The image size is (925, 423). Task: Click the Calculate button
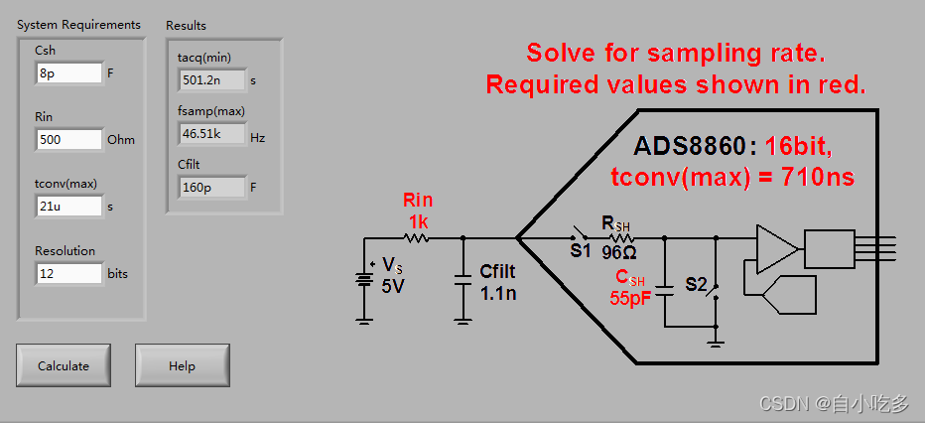coord(64,365)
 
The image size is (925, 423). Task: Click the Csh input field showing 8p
coord(68,72)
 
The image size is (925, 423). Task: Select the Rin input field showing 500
coord(68,140)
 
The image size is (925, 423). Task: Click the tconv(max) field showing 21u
coord(68,207)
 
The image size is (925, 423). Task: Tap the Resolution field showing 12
coord(68,273)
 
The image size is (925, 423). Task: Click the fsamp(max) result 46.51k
coord(211,134)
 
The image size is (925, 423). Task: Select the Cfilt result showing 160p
coord(211,187)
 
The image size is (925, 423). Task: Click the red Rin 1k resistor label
coord(418,210)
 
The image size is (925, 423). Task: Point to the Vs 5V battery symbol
coord(364,280)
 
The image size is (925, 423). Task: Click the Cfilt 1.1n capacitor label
coord(497,282)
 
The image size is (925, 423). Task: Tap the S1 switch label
coord(581,251)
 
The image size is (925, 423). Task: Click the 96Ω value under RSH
coord(618,251)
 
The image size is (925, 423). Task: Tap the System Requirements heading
coord(78,25)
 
